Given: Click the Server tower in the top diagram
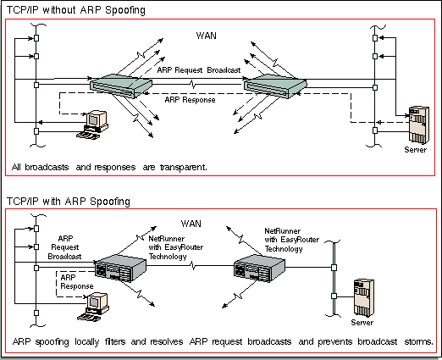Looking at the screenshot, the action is pyautogui.click(x=419, y=125).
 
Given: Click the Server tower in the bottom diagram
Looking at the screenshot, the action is pyautogui.click(x=364, y=298).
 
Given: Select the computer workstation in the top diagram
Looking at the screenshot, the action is pyautogui.click(x=92, y=125).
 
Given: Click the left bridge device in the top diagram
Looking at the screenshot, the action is pyautogui.click(x=121, y=86).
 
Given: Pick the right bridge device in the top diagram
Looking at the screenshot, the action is pyautogui.click(x=275, y=86).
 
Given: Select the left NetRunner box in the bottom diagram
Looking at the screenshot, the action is pyautogui.click(x=120, y=269).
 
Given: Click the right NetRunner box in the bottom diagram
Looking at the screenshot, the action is pyautogui.click(x=259, y=269).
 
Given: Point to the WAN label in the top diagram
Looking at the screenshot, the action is pyautogui.click(x=207, y=36).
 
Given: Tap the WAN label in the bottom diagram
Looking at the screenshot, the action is pyautogui.click(x=191, y=224).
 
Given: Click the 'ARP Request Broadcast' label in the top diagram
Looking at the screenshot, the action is pyautogui.click(x=199, y=70).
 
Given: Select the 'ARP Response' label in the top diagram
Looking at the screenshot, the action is pyautogui.click(x=190, y=100).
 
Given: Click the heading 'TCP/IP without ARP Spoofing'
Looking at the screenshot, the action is pyautogui.click(x=76, y=10).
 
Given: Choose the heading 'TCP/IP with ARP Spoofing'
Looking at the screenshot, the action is pyautogui.click(x=69, y=202).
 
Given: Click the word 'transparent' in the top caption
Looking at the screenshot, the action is pyautogui.click(x=182, y=168).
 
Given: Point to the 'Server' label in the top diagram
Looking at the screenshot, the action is pyautogui.click(x=416, y=150).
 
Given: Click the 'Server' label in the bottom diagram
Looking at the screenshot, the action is pyautogui.click(x=362, y=323).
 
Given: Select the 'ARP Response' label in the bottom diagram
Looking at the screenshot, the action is pyautogui.click(x=77, y=282).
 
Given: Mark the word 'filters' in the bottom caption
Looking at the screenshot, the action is pyautogui.click(x=115, y=341).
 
